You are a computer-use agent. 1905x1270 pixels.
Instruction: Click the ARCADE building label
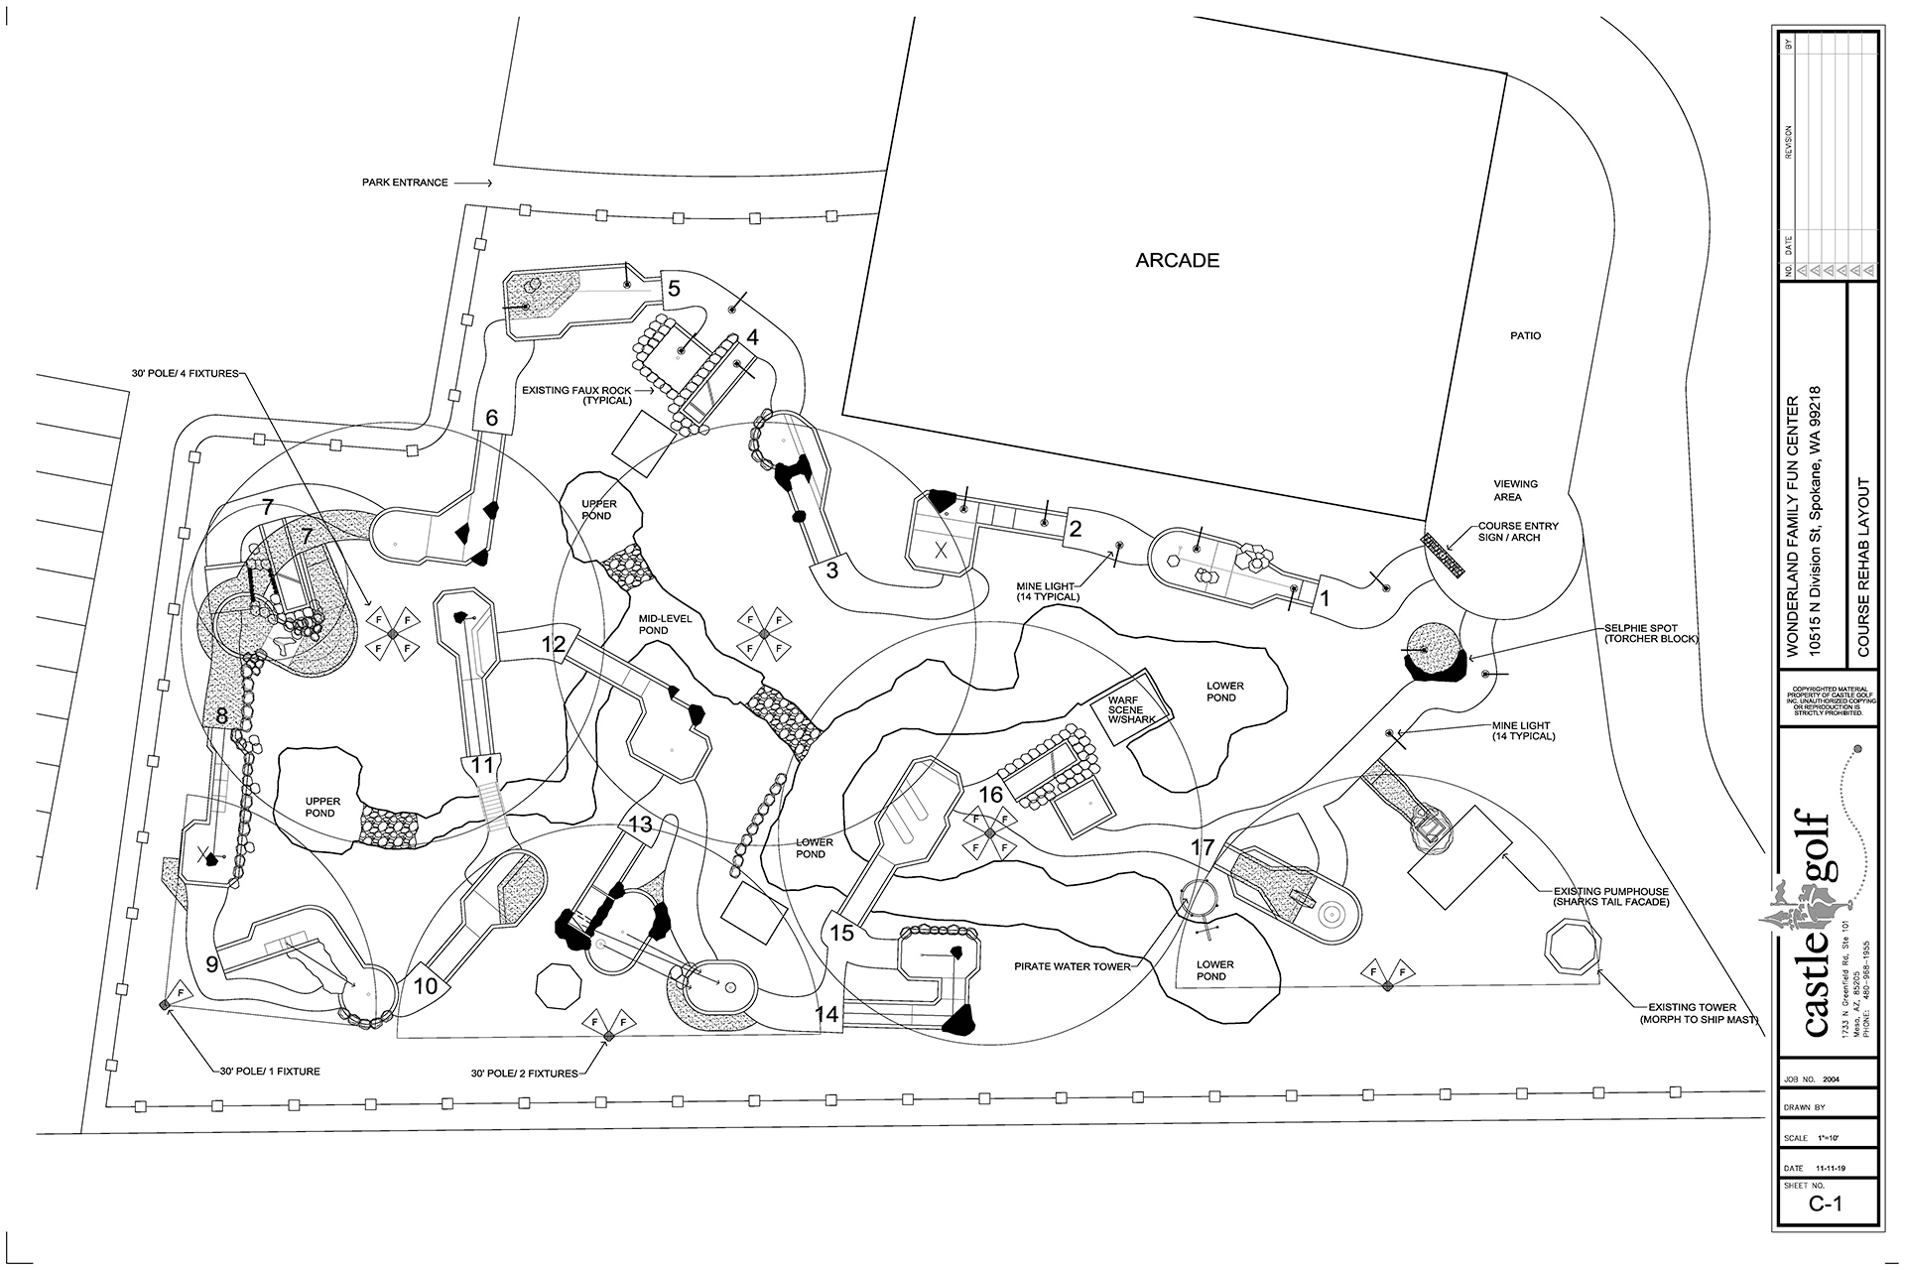click(x=1177, y=261)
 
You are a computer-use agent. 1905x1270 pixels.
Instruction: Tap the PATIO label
click(x=1526, y=336)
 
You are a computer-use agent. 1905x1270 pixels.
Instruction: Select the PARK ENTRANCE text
click(x=404, y=184)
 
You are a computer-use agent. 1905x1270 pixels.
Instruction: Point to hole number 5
click(x=674, y=289)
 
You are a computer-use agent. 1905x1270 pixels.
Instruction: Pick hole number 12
click(x=553, y=644)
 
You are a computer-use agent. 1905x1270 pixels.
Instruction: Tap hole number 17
click(x=1203, y=847)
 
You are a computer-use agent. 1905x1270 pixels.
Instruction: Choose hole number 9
click(x=211, y=963)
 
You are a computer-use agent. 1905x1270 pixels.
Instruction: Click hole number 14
click(x=826, y=1014)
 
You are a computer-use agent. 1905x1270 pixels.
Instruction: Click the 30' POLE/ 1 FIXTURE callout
click(x=269, y=1072)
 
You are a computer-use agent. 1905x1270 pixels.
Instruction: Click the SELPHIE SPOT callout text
click(x=1652, y=633)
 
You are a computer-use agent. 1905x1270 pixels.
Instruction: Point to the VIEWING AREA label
click(x=1516, y=490)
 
